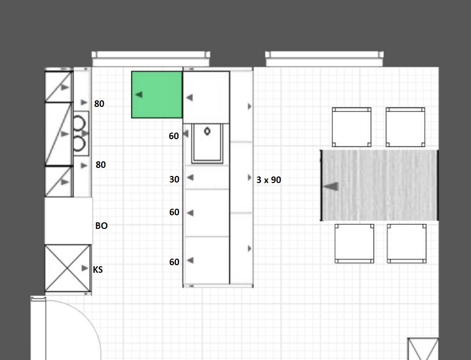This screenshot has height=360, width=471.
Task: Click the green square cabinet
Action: click(157, 94)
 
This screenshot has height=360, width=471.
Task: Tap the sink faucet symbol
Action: click(207, 131)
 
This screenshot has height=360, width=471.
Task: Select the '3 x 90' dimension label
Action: click(269, 180)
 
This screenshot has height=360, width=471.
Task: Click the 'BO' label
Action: click(102, 225)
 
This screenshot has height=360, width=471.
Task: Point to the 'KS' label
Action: click(98, 269)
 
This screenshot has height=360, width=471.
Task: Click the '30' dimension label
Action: click(174, 179)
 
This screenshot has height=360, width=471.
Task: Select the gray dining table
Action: click(379, 185)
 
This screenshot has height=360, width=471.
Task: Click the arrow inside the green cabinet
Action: click(139, 94)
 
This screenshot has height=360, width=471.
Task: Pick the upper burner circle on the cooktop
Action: click(79, 124)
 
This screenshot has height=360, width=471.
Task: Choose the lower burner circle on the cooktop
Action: click(79, 144)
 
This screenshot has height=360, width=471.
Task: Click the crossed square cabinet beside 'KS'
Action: click(68, 268)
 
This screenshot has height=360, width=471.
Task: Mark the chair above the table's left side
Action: click(352, 127)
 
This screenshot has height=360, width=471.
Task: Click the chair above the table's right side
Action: click(406, 127)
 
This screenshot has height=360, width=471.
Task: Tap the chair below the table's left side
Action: click(355, 244)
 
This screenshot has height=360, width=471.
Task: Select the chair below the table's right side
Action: click(407, 244)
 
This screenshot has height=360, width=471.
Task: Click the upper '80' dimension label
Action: click(99, 104)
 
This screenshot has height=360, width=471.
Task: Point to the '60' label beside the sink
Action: click(174, 136)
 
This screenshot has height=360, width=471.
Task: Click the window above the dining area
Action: click(324, 58)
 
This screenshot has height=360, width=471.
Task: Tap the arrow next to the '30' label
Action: click(190, 177)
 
